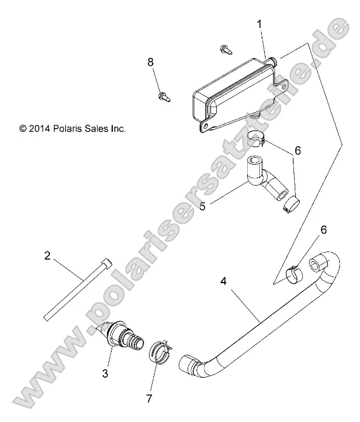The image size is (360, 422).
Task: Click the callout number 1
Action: (259, 23)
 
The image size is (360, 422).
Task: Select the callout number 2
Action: (47, 257)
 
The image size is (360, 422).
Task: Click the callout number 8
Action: (150, 61)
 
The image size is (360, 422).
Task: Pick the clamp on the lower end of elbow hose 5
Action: (292, 205)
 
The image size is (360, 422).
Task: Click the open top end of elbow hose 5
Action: (257, 162)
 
